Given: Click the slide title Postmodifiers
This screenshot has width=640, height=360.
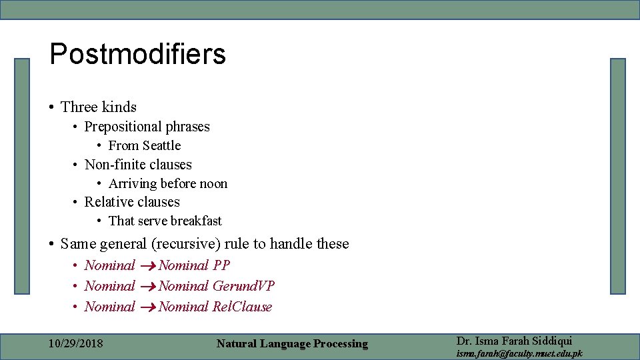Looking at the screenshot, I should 137,55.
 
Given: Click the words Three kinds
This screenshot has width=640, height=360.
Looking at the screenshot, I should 98,107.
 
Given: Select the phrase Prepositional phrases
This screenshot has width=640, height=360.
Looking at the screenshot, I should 147,127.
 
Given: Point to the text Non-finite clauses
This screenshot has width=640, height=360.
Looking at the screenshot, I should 138,165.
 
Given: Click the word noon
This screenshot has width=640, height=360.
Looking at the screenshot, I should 214,183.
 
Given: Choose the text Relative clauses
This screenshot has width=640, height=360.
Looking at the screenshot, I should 132,202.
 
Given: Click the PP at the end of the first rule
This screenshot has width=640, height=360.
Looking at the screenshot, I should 221,265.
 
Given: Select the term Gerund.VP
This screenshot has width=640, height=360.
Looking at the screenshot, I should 243,286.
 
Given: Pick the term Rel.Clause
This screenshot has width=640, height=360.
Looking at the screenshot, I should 242,307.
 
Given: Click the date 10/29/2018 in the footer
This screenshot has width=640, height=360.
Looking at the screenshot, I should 76,343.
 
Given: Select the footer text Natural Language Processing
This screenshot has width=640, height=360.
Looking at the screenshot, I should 292,344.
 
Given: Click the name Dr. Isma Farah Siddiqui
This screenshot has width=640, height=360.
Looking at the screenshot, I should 514,341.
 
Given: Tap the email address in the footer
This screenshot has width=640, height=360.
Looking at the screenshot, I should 519,353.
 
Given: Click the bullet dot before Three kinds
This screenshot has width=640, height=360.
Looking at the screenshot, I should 51,107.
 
